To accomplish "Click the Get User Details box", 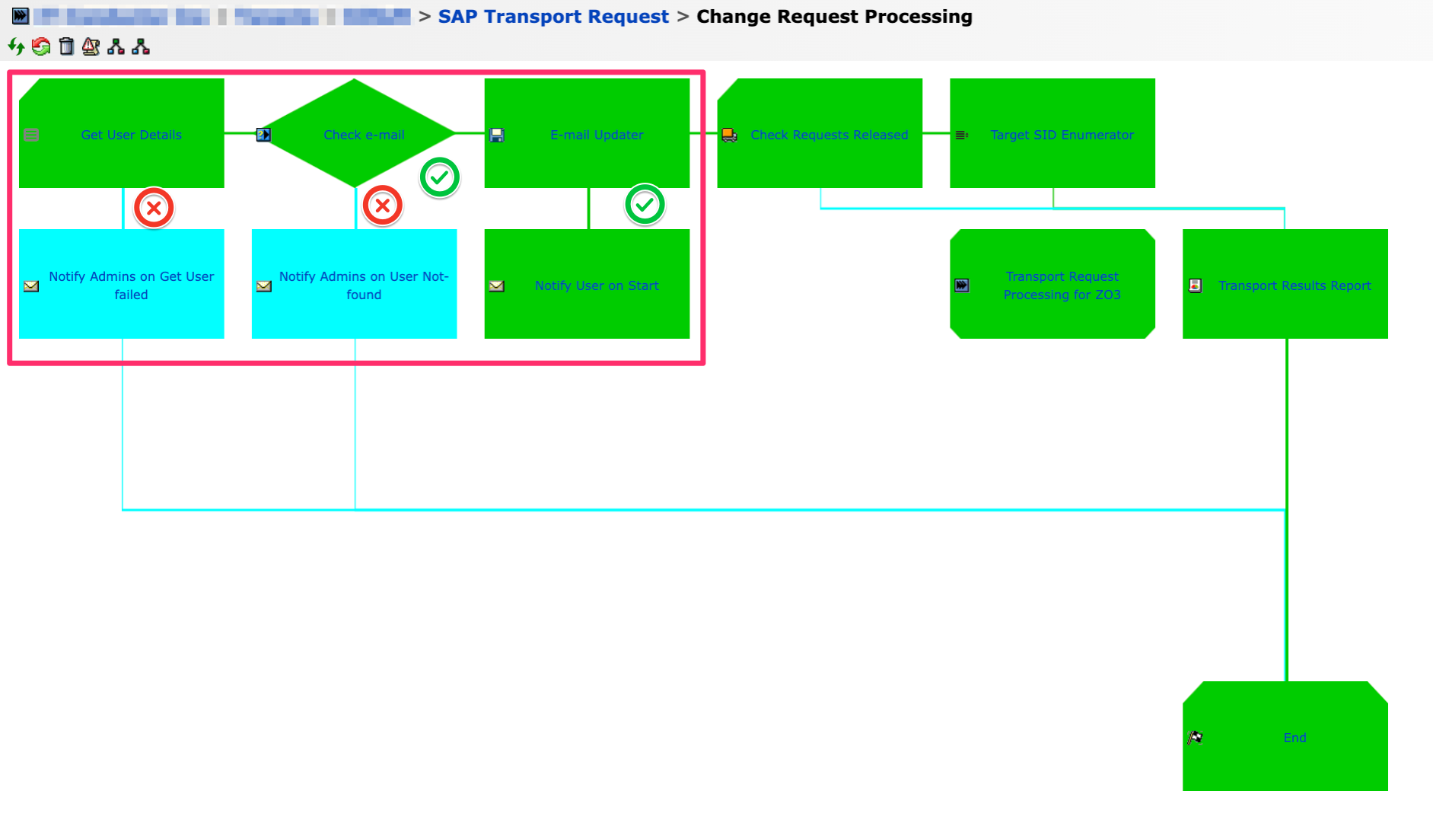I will [122, 134].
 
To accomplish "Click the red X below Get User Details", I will [154, 208].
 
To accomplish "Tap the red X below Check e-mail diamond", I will [382, 206].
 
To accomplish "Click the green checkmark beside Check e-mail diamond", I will [439, 178].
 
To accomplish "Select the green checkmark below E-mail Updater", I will [645, 205].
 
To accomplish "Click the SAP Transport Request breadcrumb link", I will [553, 17].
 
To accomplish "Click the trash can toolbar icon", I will [66, 47].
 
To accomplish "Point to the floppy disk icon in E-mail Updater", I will [497, 135].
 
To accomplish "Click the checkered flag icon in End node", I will [1195, 738].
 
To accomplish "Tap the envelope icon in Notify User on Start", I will [497, 286].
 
